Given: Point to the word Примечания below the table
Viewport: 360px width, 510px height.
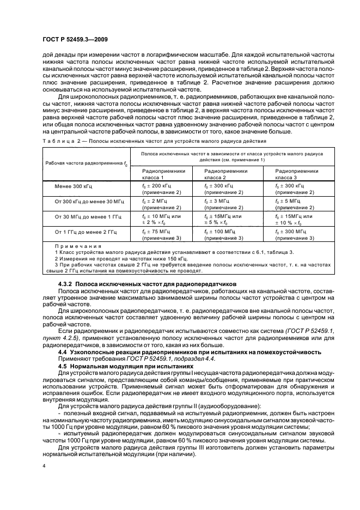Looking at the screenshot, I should click(74, 246).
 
